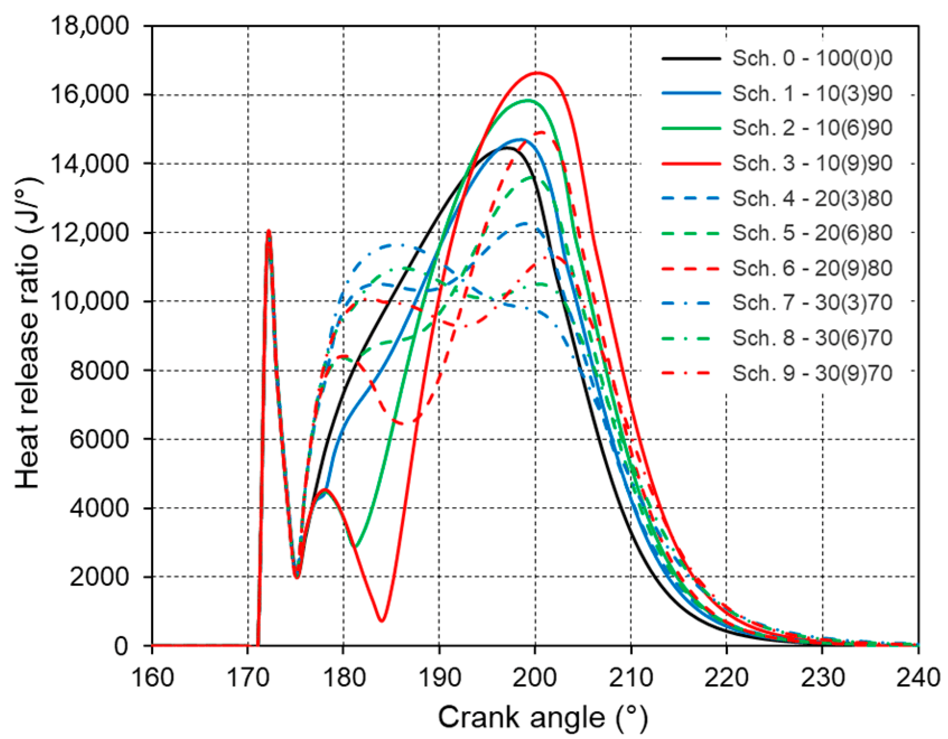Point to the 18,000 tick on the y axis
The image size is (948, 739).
[x=90, y=26]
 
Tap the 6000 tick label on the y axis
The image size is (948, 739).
[x=99, y=439]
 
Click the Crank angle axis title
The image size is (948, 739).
[x=543, y=718]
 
